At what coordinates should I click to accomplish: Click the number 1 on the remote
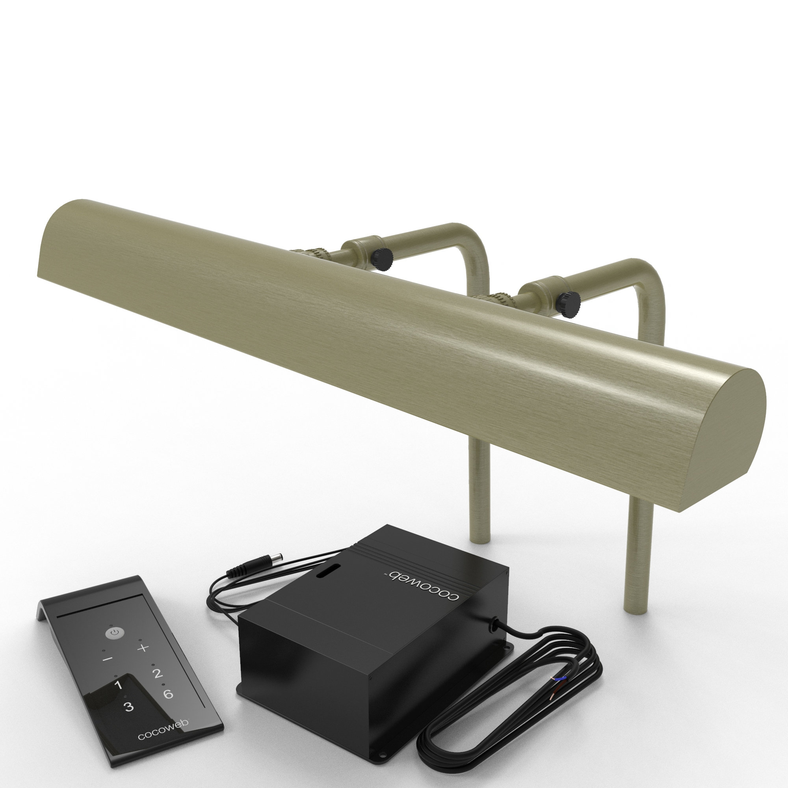pyautogui.click(x=118, y=685)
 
